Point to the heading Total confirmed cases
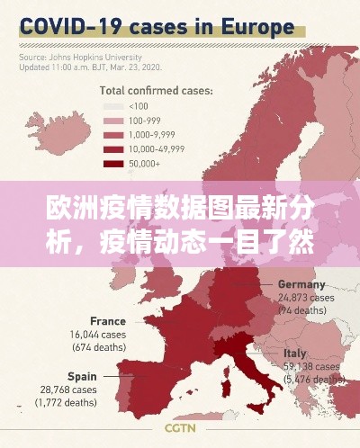click(x=155, y=91)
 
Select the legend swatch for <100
click(x=112, y=106)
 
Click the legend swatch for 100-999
click(x=112, y=121)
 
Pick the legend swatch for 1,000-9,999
click(x=112, y=135)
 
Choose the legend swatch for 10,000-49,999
click(x=112, y=149)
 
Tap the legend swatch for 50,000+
click(x=112, y=164)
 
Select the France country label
click(x=108, y=320)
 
